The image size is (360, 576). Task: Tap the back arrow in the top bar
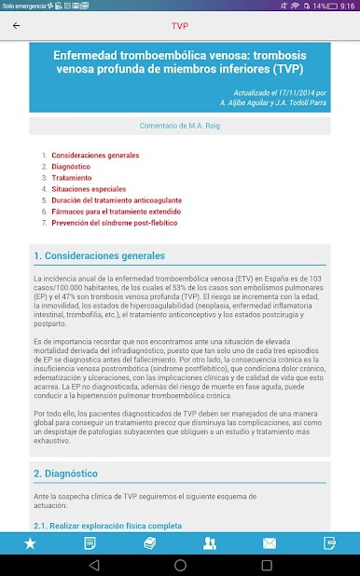click(16, 25)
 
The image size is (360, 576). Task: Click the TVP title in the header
click(180, 25)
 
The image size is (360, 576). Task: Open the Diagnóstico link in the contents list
click(71, 166)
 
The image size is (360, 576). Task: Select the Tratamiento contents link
click(72, 177)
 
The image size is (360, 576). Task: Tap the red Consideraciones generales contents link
click(95, 154)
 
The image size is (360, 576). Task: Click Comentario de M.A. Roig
click(179, 124)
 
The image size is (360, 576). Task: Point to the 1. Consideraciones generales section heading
click(100, 255)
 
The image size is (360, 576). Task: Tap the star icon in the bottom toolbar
click(30, 542)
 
